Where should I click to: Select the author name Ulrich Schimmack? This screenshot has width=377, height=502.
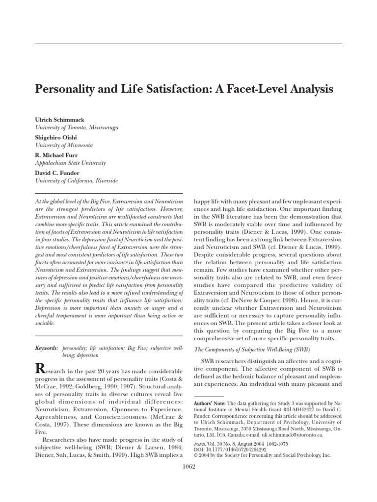(x=58, y=120)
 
